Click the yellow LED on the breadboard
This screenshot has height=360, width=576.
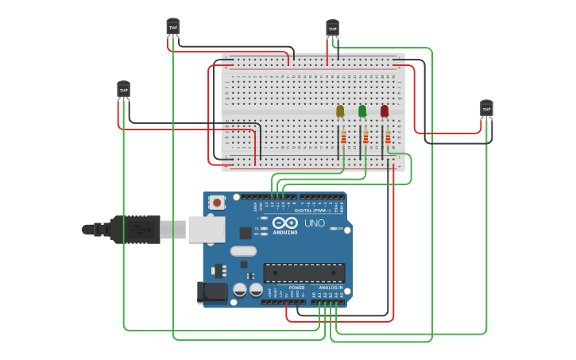[x=340, y=110]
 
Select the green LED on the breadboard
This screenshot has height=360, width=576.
[x=362, y=110]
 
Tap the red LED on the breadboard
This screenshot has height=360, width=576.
[x=385, y=110]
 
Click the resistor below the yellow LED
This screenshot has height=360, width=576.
[x=343, y=138]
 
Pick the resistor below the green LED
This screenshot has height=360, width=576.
[x=365, y=138]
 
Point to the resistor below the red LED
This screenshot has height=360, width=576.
[x=388, y=138]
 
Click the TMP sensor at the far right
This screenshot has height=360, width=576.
[x=486, y=107]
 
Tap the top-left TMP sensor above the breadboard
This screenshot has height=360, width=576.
[x=172, y=26]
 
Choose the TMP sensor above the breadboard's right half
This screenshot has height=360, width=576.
[x=332, y=28]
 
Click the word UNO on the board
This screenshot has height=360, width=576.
[x=315, y=223]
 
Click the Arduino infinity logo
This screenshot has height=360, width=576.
[x=285, y=223]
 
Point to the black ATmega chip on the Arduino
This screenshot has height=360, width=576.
[x=303, y=273]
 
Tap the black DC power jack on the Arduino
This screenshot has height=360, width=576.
[x=214, y=292]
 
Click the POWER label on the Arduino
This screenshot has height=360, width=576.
[x=296, y=288]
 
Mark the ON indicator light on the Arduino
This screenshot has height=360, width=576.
[x=332, y=229]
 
